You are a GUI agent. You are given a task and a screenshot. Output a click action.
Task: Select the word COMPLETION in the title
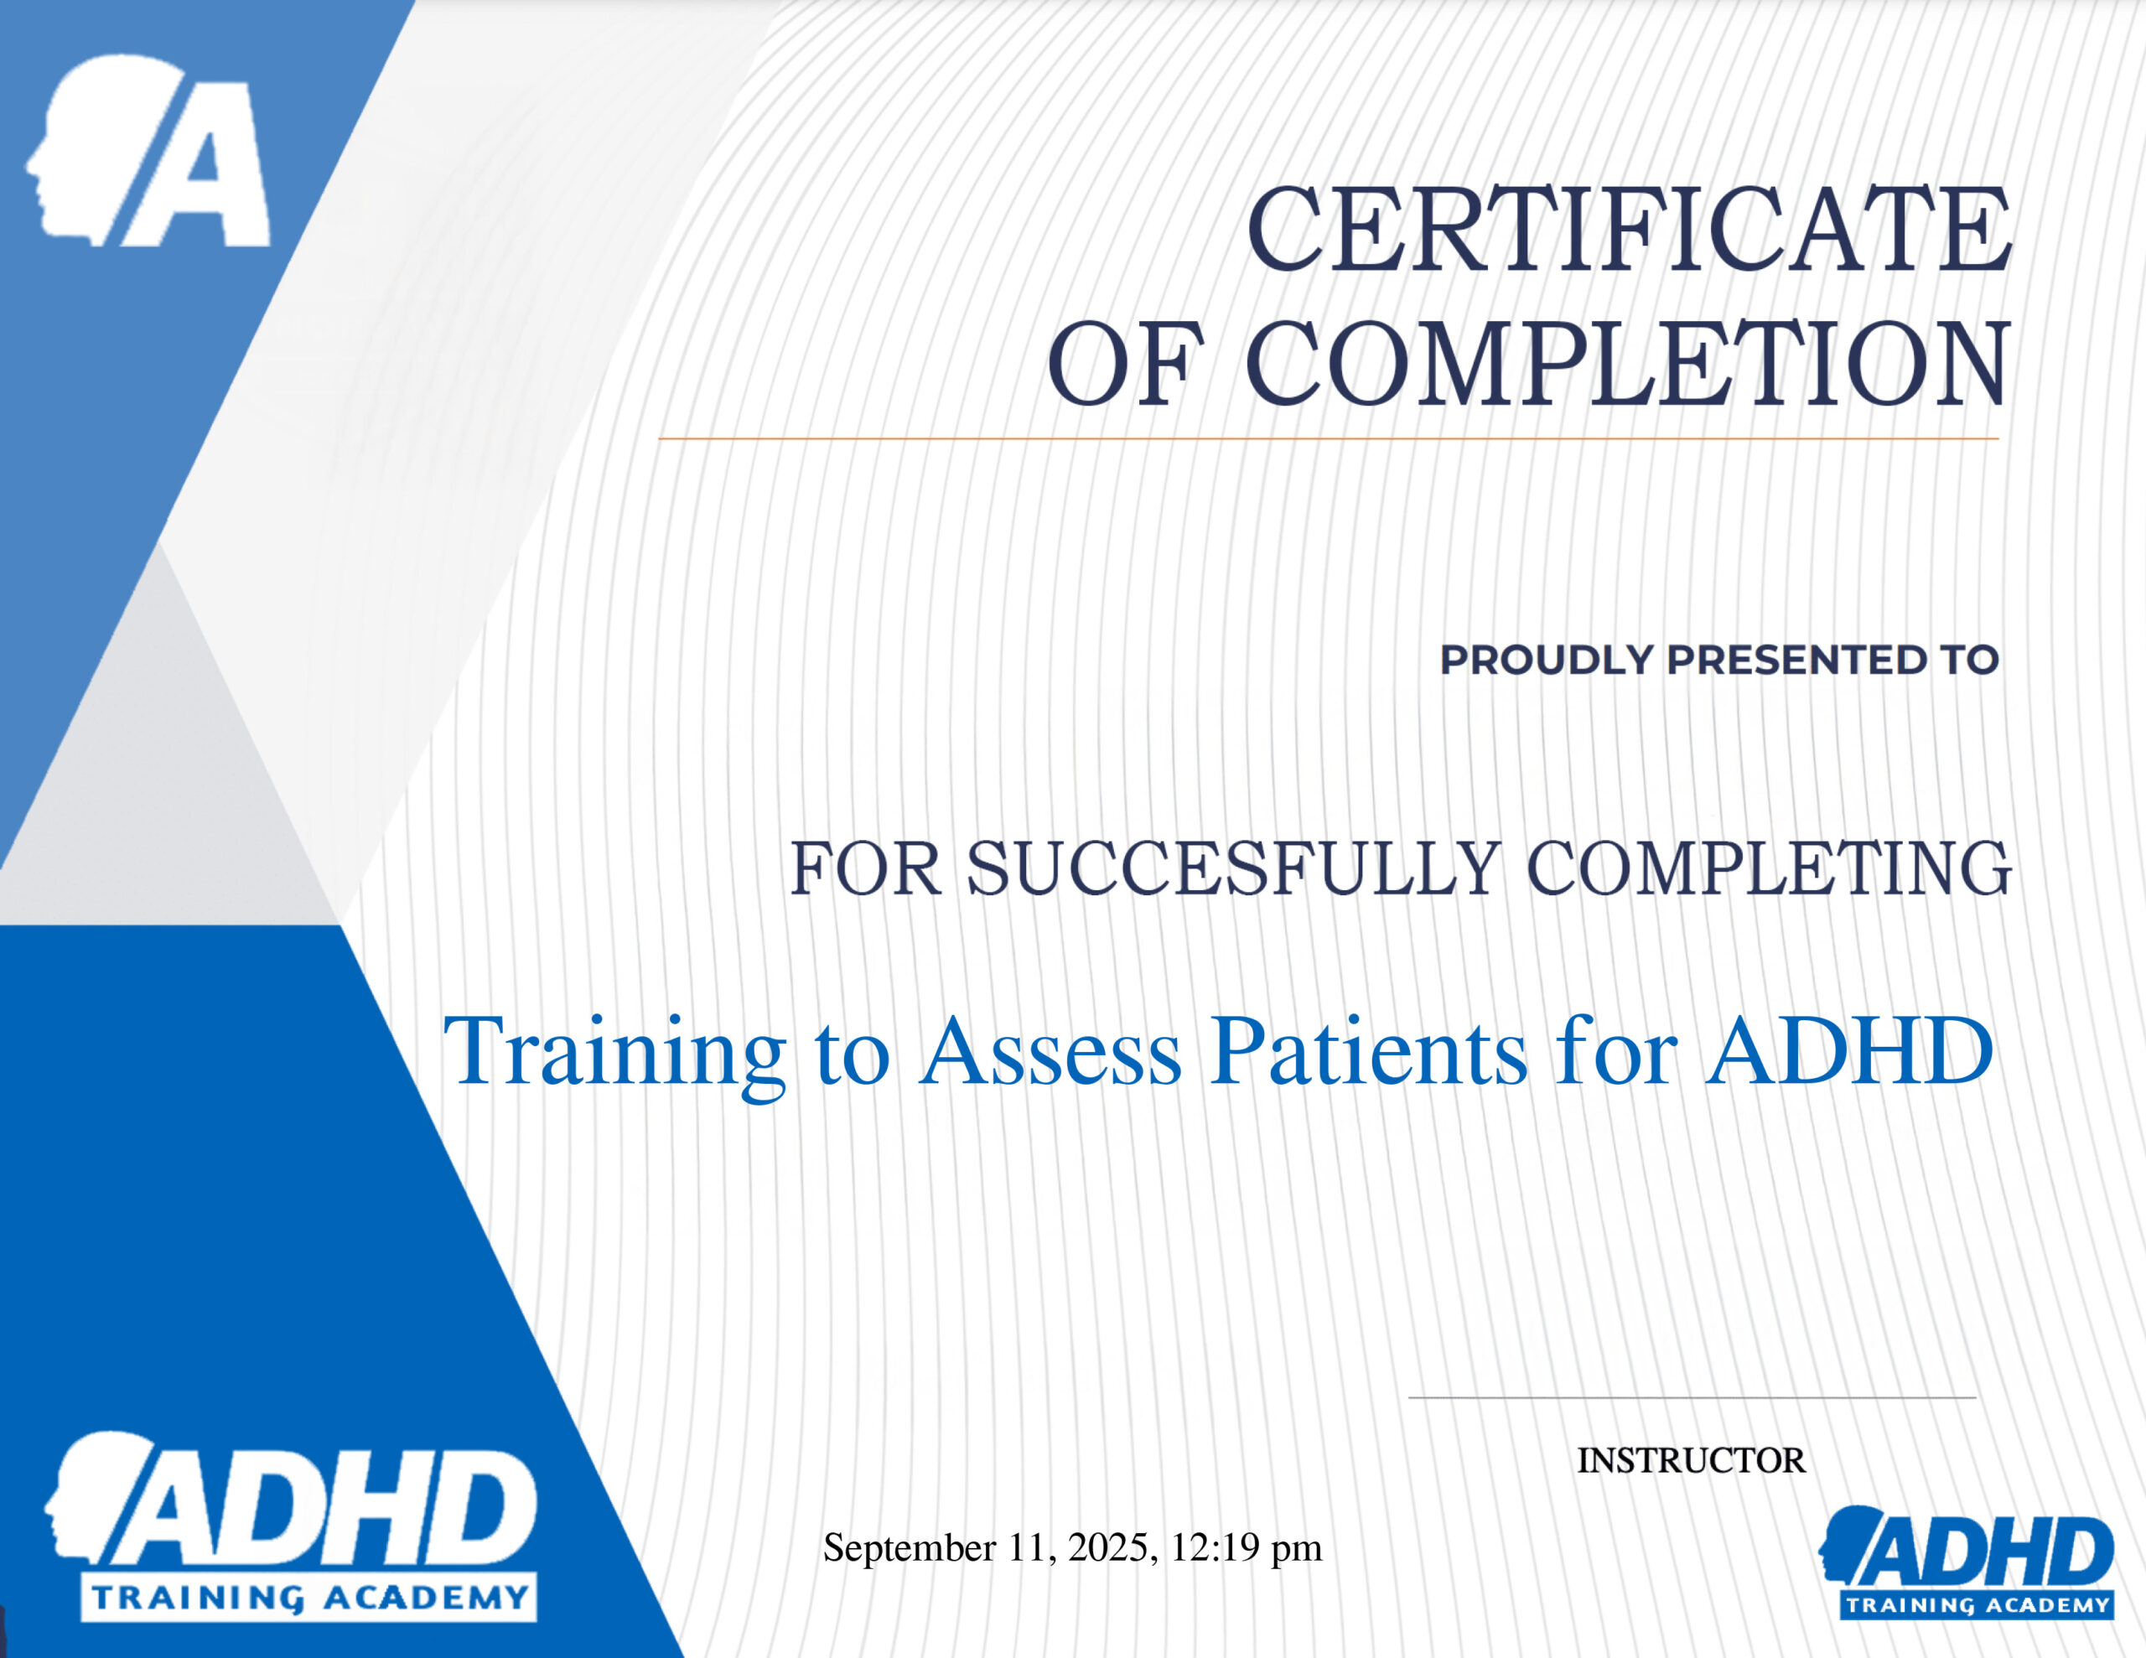pyautogui.click(x=1628, y=363)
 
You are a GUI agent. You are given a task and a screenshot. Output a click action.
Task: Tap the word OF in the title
pyautogui.click(x=1126, y=364)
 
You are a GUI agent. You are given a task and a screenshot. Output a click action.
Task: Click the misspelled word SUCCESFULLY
pyautogui.click(x=1234, y=868)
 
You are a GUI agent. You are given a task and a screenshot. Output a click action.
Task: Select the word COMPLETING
pyautogui.click(x=1769, y=868)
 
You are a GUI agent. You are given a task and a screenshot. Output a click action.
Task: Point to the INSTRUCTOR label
pyautogui.click(x=1692, y=1460)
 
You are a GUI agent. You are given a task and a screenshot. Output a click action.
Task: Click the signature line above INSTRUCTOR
pyautogui.click(x=1692, y=1396)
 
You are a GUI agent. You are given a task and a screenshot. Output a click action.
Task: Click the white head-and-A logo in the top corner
pyautogui.click(x=148, y=149)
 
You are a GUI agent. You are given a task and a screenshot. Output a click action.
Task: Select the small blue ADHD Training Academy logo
pyautogui.click(x=1966, y=1561)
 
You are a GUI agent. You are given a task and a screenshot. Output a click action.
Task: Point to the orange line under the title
pyautogui.click(x=1329, y=438)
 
